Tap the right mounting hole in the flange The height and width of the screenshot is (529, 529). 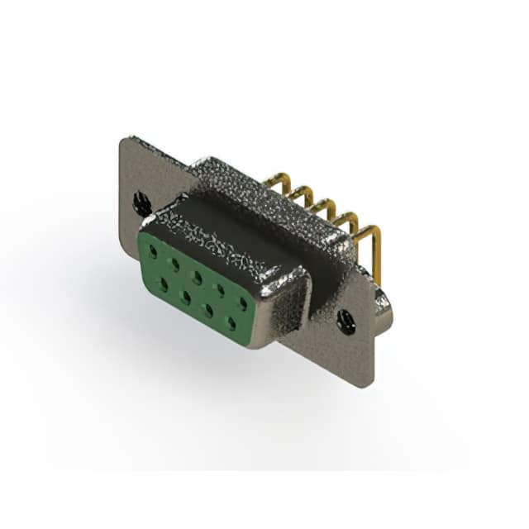tap(346, 321)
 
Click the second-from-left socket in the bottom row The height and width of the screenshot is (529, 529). tap(185, 294)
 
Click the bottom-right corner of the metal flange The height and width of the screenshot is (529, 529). tap(371, 384)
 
